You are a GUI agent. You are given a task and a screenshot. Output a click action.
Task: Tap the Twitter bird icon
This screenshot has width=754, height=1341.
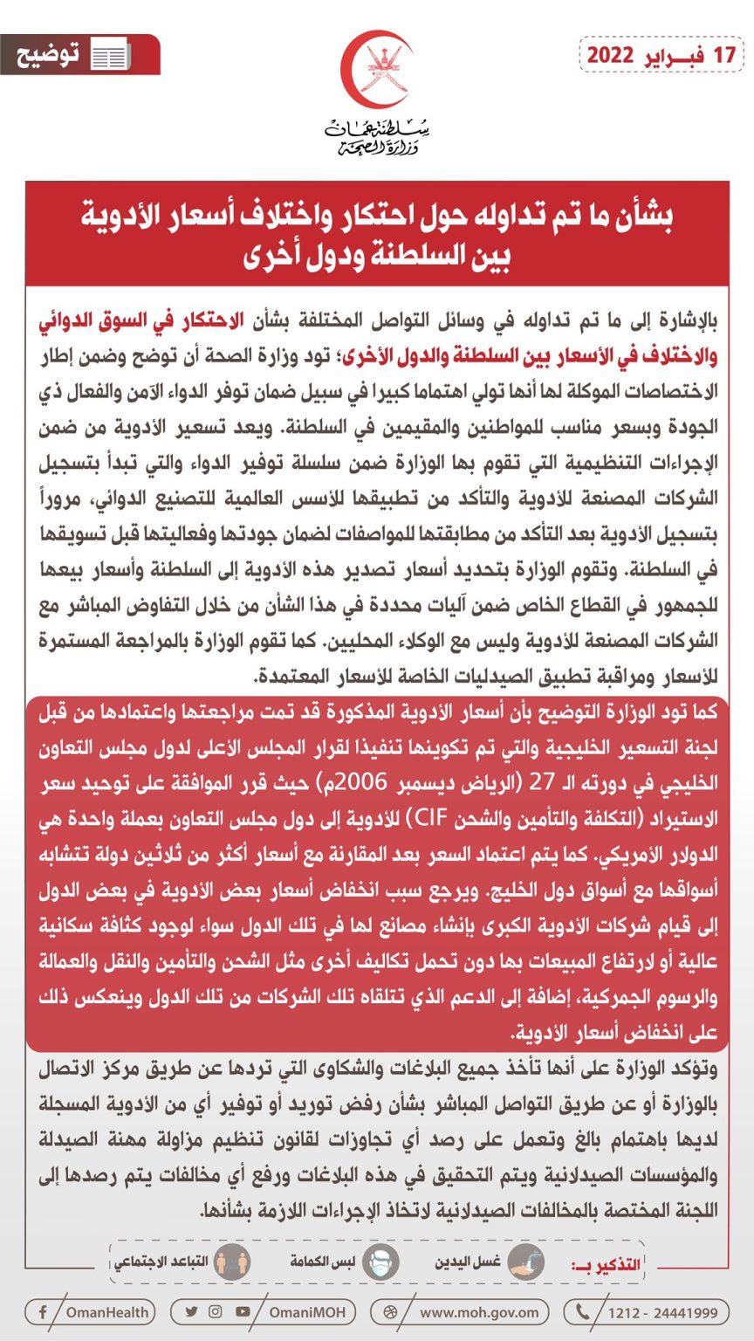[x=191, y=1311]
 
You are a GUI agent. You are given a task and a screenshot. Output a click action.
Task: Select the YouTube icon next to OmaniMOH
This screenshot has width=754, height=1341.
[x=242, y=1311]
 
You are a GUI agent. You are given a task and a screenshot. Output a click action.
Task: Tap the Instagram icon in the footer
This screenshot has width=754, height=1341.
[x=216, y=1311]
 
